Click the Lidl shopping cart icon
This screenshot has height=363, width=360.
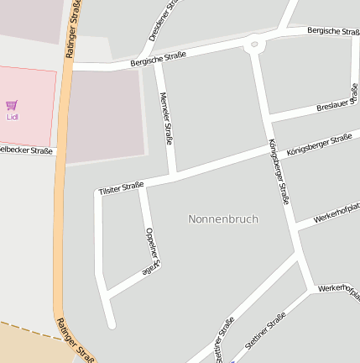[x=12, y=105]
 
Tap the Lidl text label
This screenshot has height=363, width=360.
[x=12, y=117]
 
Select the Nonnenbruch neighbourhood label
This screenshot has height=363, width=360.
[x=223, y=218]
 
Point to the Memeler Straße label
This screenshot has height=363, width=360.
[x=165, y=118]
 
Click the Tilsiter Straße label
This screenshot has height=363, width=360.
[x=122, y=187]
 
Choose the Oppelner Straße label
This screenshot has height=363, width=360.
[x=151, y=250]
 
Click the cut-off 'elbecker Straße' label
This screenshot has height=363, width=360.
[x=26, y=150]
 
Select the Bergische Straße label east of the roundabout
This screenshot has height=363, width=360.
[x=334, y=31]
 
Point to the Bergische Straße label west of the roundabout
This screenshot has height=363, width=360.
[x=158, y=58]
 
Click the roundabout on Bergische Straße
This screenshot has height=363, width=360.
[x=253, y=43]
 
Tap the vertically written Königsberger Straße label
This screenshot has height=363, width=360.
[x=279, y=171]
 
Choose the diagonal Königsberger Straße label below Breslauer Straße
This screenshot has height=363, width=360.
[x=318, y=145]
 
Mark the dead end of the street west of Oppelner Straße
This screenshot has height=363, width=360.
[x=111, y=324]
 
